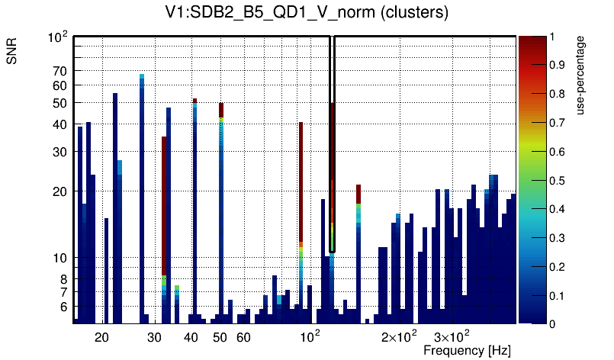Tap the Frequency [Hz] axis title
click(x=467, y=350)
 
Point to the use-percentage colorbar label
click(x=580, y=74)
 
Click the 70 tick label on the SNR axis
click(x=59, y=71)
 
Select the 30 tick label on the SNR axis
click(x=59, y=152)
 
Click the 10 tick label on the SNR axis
click(x=59, y=258)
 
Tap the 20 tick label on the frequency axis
click(x=102, y=336)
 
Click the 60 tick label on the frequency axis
click(x=243, y=336)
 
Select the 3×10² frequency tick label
click(x=452, y=336)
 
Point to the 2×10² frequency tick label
click(x=399, y=336)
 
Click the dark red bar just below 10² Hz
click(x=301, y=183)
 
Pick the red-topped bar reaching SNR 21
click(x=358, y=194)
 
